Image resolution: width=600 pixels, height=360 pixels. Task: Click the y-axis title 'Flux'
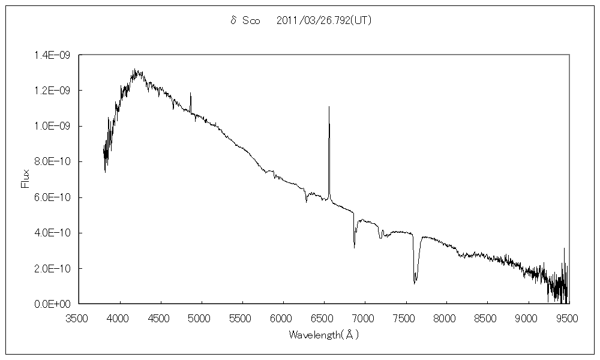click(x=26, y=179)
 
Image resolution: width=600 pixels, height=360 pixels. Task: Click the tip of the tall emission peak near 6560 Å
click(x=329, y=107)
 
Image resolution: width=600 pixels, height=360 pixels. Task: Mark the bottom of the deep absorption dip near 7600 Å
click(x=415, y=283)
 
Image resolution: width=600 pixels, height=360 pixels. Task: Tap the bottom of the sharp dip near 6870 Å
click(x=354, y=247)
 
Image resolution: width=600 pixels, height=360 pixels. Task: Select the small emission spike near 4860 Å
click(x=190, y=94)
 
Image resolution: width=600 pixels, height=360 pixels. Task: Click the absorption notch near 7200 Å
click(x=380, y=238)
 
